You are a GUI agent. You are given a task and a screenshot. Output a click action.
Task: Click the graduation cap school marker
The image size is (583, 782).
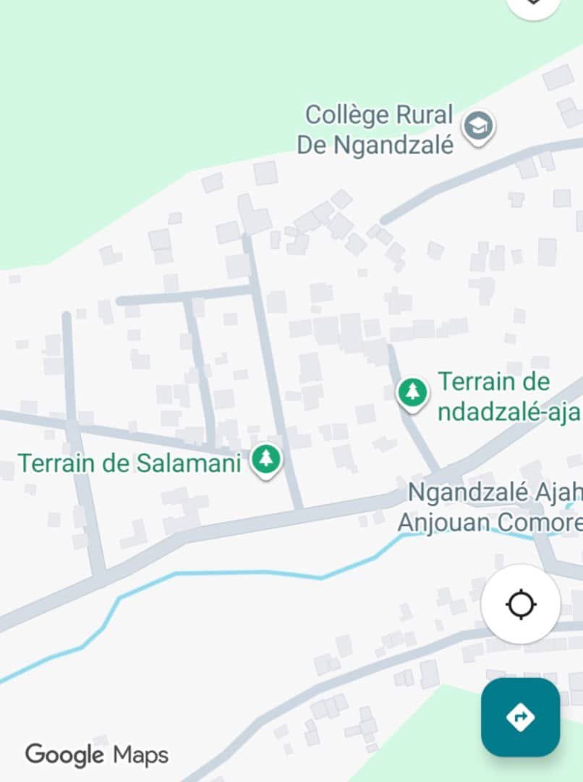tap(478, 127)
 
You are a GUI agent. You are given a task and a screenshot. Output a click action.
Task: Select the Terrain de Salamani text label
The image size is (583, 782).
tap(129, 463)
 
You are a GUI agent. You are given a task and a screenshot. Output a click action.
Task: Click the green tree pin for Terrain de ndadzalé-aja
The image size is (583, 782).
tap(413, 392)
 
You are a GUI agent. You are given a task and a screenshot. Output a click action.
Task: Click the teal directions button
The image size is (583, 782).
tap(520, 717)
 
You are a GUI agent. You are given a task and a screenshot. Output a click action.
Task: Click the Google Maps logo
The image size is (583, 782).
tap(97, 755)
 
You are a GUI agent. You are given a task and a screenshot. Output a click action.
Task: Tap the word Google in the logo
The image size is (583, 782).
tap(65, 755)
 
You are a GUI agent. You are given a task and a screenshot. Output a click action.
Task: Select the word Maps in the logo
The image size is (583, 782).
tap(140, 755)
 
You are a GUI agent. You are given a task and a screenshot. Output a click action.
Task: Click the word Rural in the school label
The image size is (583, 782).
tap(424, 115)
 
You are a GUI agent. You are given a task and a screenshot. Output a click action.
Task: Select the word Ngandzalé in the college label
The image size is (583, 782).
tap(394, 145)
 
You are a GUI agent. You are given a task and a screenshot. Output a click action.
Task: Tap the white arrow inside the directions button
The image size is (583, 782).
tap(520, 717)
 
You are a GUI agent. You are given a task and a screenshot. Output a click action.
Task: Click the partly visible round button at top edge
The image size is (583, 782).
tap(534, 6)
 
